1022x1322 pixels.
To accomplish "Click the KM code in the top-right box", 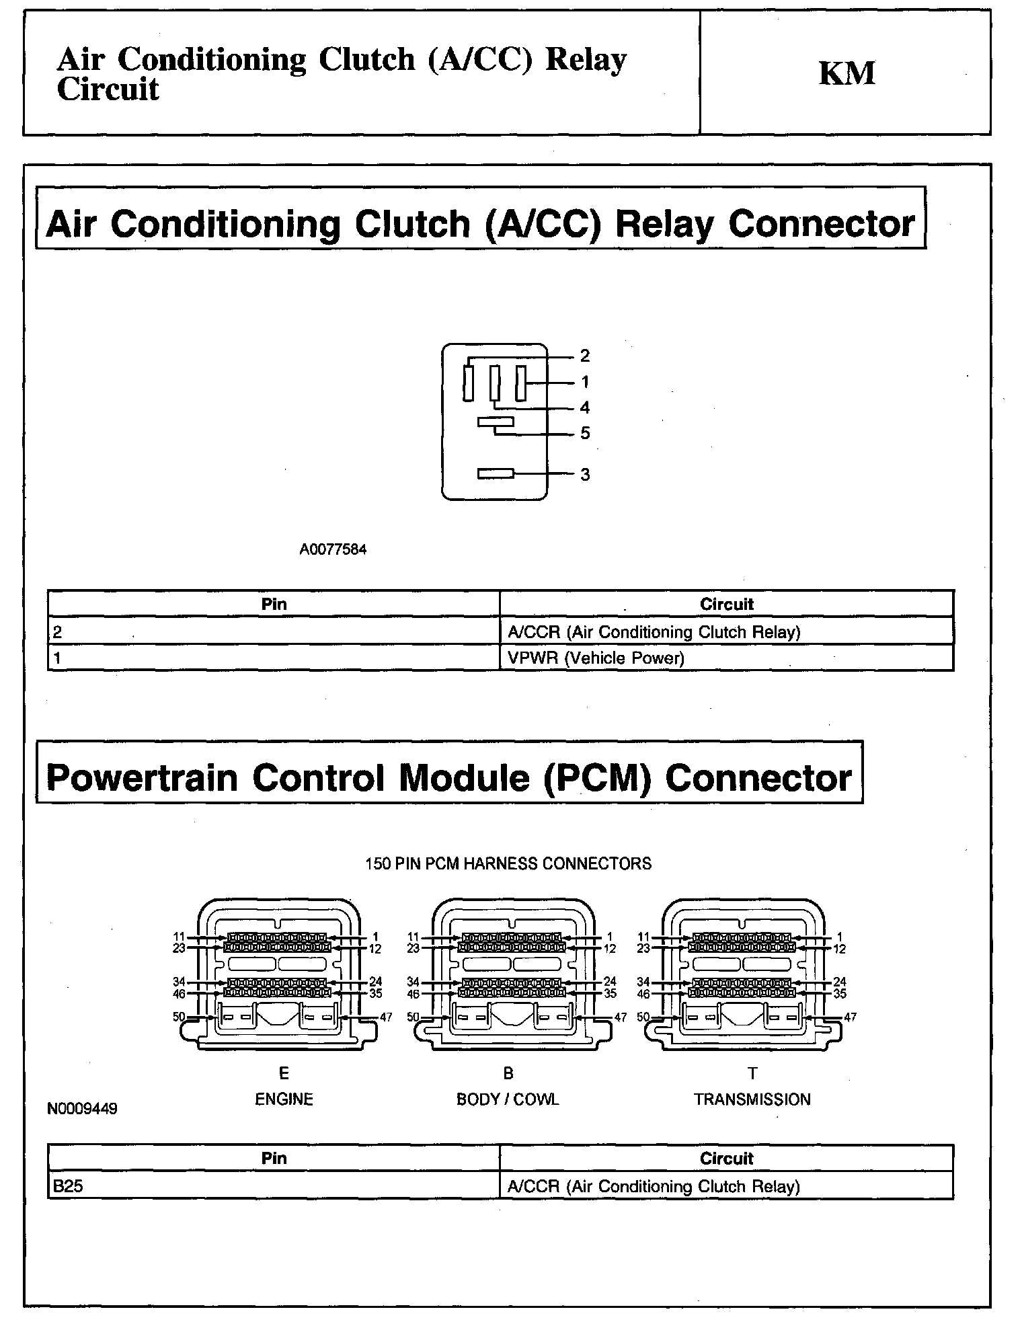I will coord(847,73).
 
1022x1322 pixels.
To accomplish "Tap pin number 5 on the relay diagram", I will coord(585,434).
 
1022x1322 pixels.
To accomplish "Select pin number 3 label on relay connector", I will coord(585,475).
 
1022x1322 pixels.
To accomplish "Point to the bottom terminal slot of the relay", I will coord(496,473).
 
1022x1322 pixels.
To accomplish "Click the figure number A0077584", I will coord(333,549).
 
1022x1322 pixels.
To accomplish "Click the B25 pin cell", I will coord(274,1186).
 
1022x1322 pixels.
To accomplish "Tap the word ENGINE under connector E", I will coord(284,1099).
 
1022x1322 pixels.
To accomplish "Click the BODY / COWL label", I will coord(508,1099).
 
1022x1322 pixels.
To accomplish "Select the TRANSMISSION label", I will coord(752,1099).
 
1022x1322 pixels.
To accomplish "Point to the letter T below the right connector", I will coord(752,1073).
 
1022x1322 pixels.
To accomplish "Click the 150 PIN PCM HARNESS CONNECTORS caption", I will coord(508,863).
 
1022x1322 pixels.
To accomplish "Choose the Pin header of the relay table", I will coord(274,604).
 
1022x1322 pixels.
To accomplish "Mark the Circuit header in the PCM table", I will coord(726,1158).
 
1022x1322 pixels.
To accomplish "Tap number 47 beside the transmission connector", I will coord(850,1017).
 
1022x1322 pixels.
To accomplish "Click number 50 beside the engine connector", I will coord(179,1017).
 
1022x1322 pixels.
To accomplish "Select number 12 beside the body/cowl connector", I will coord(610,949).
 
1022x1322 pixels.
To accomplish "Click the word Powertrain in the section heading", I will coord(142,778).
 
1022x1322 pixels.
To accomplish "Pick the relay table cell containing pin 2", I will coord(274,631).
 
